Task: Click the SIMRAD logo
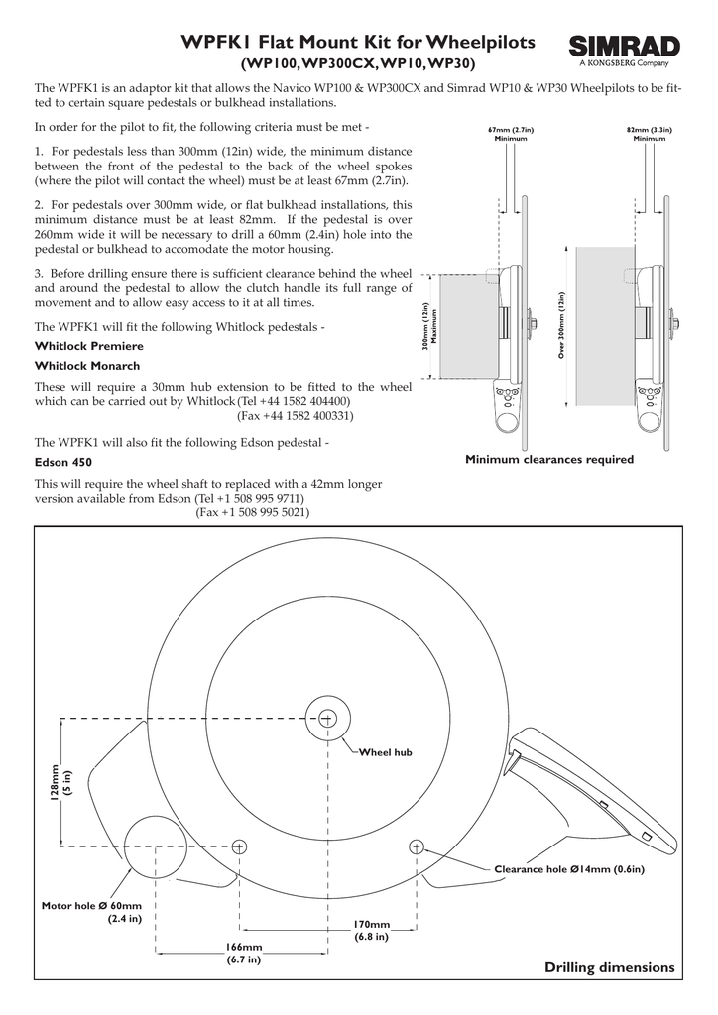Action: tap(625, 50)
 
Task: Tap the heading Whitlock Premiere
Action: tap(89, 346)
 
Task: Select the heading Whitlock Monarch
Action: tap(87, 366)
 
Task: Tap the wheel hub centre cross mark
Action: tap(327, 717)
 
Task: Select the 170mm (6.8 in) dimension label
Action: tap(370, 931)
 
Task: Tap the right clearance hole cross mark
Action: tap(416, 846)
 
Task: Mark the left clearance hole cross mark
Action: tap(238, 846)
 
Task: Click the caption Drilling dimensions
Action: tap(609, 966)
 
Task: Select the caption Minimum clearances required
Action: tap(549, 460)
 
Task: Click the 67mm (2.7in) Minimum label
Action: tap(511, 134)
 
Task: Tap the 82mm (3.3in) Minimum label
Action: tap(650, 134)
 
